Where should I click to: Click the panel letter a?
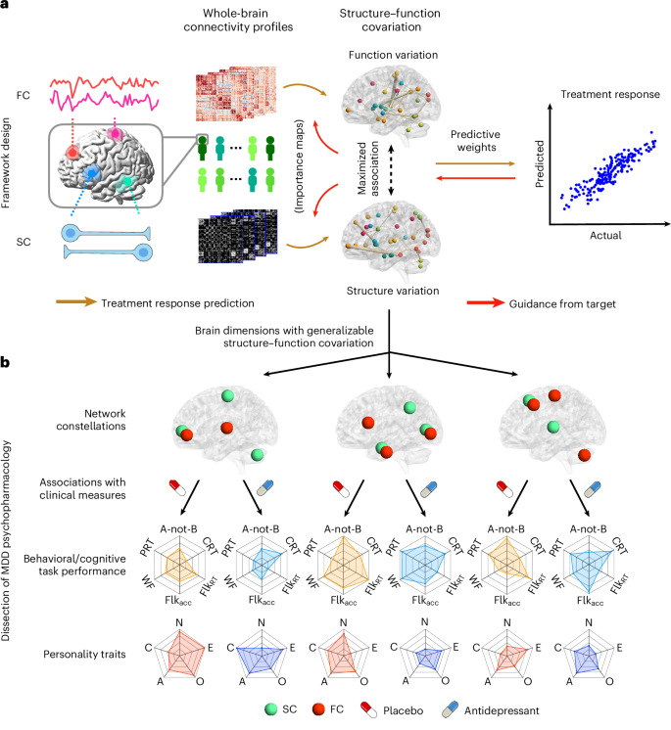(7, 8)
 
